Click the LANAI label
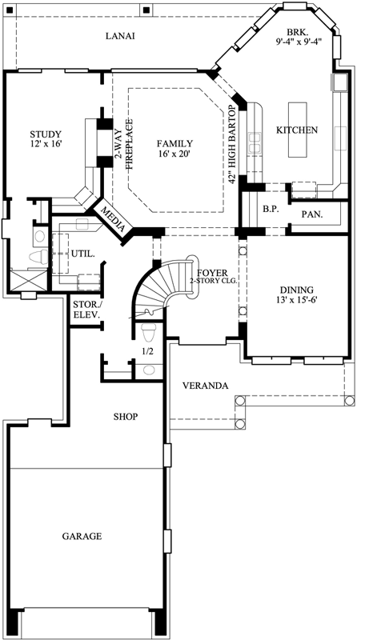[x=118, y=36]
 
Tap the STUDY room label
[x=46, y=134]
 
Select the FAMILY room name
[x=174, y=144]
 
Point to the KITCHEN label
[x=297, y=130]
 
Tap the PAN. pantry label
[x=312, y=214]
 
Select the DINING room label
[x=296, y=290]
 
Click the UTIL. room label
[x=85, y=254]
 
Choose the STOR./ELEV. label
[x=86, y=310]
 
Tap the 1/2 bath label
[x=147, y=350]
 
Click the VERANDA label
[x=205, y=386]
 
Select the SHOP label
[x=125, y=417]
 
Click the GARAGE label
[x=82, y=536]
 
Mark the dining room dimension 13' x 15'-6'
[x=296, y=301]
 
